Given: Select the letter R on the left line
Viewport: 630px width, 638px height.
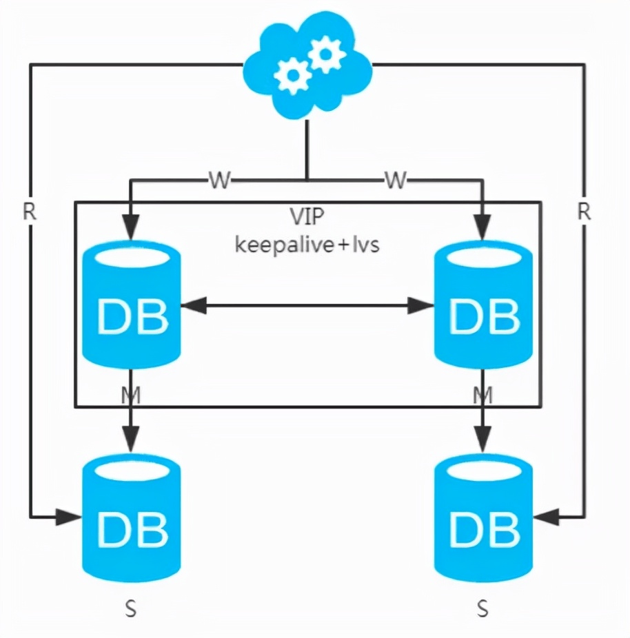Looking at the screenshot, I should (x=29, y=212).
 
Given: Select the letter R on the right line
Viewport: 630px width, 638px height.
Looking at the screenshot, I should (x=584, y=212).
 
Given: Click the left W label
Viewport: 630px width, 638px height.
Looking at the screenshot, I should (x=219, y=181).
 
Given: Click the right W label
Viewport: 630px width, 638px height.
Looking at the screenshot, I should (x=395, y=181).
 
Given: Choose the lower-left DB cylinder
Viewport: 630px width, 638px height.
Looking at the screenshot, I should (x=131, y=519).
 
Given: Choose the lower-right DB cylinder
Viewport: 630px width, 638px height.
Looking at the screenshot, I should (x=483, y=519).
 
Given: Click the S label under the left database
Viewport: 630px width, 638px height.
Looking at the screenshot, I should (x=131, y=609).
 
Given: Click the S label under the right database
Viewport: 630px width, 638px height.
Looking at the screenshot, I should (x=483, y=609).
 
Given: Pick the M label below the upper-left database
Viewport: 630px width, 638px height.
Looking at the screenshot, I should (x=132, y=395).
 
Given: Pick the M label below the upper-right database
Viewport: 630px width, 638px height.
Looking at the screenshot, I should (x=483, y=395).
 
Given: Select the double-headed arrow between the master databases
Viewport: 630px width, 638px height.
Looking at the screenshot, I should (x=307, y=306).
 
